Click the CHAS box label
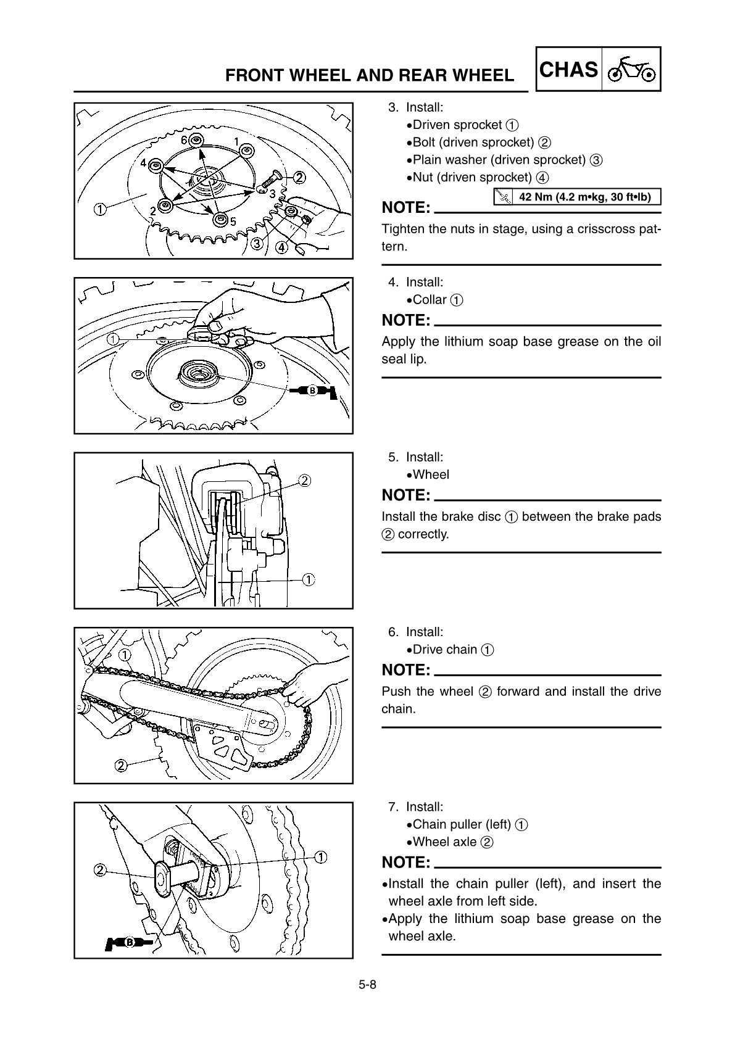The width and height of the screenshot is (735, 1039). (568, 69)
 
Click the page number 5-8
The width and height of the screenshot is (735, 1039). (368, 985)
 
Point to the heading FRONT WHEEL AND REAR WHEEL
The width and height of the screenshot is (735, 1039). (369, 75)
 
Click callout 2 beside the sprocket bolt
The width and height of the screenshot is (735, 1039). (299, 178)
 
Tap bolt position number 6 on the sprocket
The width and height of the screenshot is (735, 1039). (184, 141)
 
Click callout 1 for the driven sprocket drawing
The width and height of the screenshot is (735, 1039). (99, 208)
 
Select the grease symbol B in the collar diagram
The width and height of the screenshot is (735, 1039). (314, 390)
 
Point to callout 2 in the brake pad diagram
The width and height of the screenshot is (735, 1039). (304, 481)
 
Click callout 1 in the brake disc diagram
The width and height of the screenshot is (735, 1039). (308, 579)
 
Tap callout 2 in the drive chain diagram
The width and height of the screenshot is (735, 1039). (122, 766)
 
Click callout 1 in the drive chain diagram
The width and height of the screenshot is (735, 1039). (125, 654)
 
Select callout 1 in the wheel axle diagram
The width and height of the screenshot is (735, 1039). (321, 856)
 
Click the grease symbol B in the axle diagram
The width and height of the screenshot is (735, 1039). (131, 942)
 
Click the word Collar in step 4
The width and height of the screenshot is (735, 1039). (430, 300)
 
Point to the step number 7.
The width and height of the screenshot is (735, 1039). (392, 807)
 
